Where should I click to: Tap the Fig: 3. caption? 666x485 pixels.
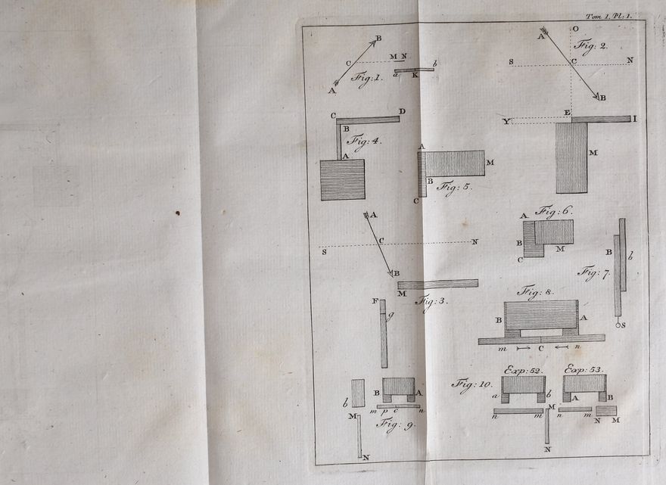[x=432, y=301]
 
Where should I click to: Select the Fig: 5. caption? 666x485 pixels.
[x=455, y=186]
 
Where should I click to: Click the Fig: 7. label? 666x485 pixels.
[x=593, y=273]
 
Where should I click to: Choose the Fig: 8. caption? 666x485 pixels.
[x=535, y=291]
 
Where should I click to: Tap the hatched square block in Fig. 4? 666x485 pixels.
[x=342, y=180]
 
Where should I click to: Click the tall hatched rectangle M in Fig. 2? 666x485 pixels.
[x=571, y=157]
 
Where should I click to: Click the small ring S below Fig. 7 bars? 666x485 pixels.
[x=618, y=325]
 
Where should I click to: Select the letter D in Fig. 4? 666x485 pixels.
[x=402, y=112]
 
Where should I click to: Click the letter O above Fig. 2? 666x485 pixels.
[x=575, y=29]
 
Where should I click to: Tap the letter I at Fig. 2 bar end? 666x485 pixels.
[x=635, y=119]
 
